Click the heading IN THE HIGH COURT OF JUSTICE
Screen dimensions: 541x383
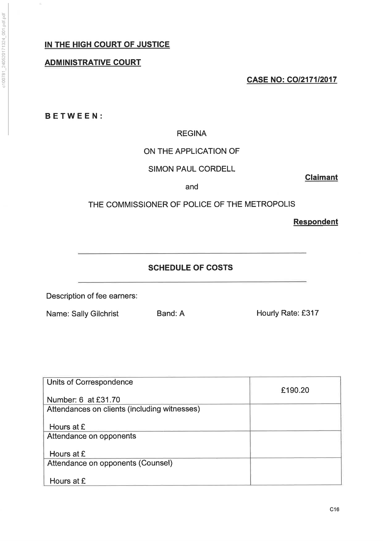tap(107, 45)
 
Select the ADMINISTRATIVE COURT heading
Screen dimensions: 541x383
tap(93, 62)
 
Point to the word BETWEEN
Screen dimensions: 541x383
tap(74, 116)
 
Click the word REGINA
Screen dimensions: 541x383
tap(191, 134)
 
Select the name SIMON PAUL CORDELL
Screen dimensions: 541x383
tap(191, 169)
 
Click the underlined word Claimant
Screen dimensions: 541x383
tap(321, 177)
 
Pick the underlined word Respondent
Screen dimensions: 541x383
tap(315, 222)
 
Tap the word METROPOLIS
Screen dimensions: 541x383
tap(270, 204)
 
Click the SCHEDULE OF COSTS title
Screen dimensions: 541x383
tap(190, 268)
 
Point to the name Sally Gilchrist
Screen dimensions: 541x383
tap(95, 314)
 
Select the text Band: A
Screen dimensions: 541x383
tap(171, 314)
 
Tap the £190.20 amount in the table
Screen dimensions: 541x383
tap(295, 390)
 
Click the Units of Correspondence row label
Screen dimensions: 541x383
tap(90, 382)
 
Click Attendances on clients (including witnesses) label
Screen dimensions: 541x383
tap(123, 409)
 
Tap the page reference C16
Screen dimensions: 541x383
tap(334, 509)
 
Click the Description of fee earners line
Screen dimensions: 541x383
tap(92, 296)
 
